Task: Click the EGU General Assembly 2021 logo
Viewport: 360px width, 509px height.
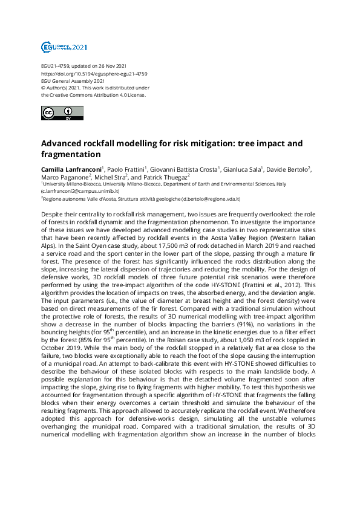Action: [x=64, y=47]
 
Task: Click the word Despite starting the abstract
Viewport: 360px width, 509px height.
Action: [x=53, y=215]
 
